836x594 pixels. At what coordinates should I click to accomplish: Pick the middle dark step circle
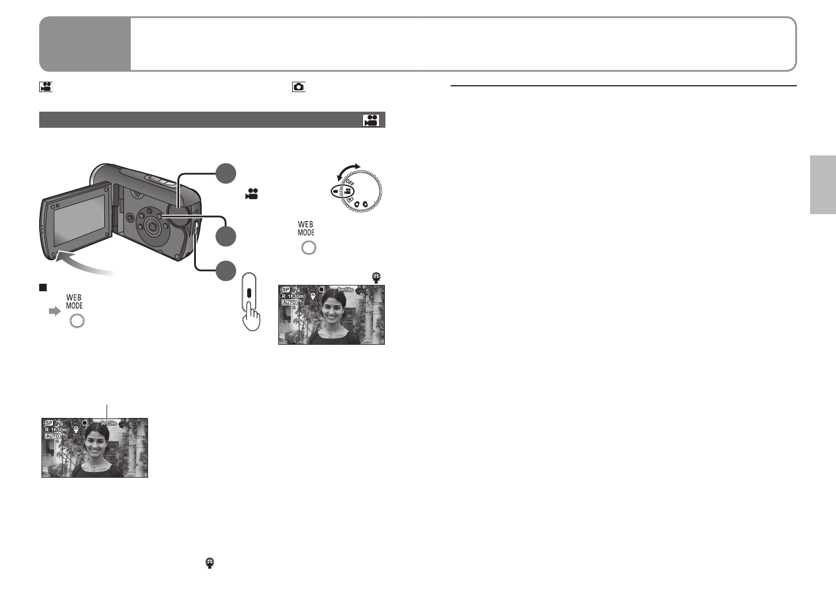[x=226, y=237]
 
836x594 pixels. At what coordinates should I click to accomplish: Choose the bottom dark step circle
[x=226, y=271]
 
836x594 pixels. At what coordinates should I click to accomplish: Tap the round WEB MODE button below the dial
[x=309, y=248]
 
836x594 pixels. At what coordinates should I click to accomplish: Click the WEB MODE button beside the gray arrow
[x=77, y=321]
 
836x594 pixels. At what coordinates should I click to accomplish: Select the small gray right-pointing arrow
[x=54, y=311]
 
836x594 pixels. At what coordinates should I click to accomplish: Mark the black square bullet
[x=42, y=287]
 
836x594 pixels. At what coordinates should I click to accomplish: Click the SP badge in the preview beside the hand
[x=286, y=290]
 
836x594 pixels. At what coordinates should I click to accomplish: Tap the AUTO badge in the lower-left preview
[x=52, y=436]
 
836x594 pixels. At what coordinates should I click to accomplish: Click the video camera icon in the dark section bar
[x=370, y=120]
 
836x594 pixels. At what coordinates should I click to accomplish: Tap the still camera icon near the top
[x=298, y=87]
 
